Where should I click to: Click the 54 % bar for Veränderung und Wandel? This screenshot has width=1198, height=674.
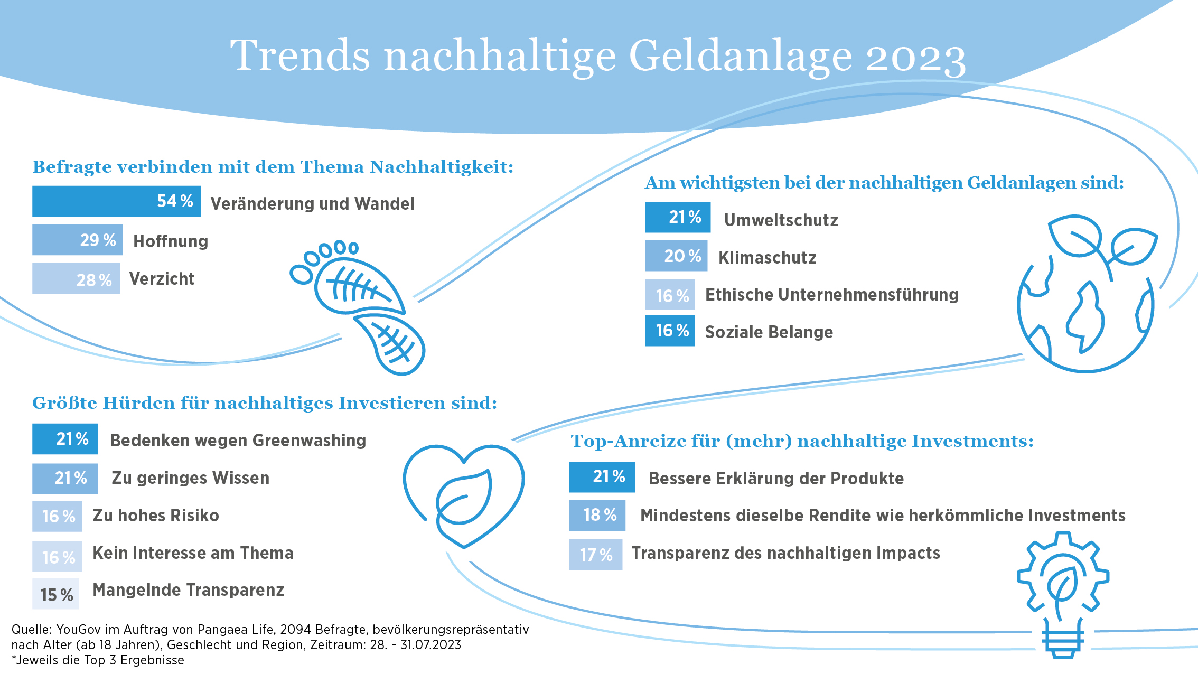[x=116, y=201]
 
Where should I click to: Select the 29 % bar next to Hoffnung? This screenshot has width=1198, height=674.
[x=78, y=240]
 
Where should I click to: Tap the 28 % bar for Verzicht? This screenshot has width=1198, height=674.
[x=76, y=278]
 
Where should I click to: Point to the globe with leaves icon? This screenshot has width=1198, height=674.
[x=1087, y=294]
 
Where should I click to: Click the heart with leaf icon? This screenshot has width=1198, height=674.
[x=464, y=497]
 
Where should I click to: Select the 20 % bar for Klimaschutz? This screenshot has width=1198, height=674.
[x=676, y=256]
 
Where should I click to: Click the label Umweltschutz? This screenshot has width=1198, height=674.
[x=781, y=220]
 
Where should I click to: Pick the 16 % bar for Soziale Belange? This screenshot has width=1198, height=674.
[x=670, y=331]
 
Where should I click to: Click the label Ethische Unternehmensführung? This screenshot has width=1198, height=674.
[x=832, y=295]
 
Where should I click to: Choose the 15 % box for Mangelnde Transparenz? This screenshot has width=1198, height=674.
[x=56, y=594]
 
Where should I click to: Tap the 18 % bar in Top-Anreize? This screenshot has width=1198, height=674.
[x=597, y=516]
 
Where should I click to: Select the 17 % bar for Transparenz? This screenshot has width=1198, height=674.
[x=596, y=555]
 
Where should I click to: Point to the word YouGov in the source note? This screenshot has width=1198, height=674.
[x=79, y=630]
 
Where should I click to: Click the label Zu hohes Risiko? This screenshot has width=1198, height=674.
[x=156, y=516]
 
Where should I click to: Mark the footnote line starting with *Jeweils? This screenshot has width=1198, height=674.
[x=98, y=660]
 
